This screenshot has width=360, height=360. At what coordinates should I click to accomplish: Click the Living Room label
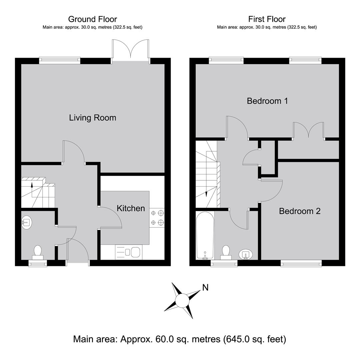pyautogui.click(x=93, y=118)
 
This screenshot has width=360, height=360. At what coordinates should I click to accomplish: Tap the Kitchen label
pyautogui.click(x=131, y=208)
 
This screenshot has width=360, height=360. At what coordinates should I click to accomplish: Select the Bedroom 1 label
pyautogui.click(x=267, y=101)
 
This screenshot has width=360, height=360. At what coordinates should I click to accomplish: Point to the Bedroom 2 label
pyautogui.click(x=300, y=211)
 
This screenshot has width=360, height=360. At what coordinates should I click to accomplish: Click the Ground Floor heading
pyautogui.click(x=93, y=19)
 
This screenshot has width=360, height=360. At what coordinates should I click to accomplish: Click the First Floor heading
pyautogui.click(x=267, y=19)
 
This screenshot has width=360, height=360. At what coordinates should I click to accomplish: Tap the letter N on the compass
pyautogui.click(x=205, y=287)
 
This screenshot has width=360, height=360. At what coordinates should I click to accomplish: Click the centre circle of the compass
pyautogui.click(x=182, y=300)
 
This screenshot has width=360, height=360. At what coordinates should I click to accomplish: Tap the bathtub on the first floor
pyautogui.click(x=205, y=236)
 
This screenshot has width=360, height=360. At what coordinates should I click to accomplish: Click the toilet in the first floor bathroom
pyautogui.click(x=226, y=252)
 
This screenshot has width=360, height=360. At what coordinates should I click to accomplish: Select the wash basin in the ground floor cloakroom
pyautogui.click(x=27, y=222)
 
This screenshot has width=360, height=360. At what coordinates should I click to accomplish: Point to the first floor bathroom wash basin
pyautogui.click(x=246, y=254)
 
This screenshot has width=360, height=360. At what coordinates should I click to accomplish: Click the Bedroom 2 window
pyautogui.click(x=301, y=263)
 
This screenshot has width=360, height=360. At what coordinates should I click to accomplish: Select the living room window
pyautogui.click(x=60, y=60)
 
